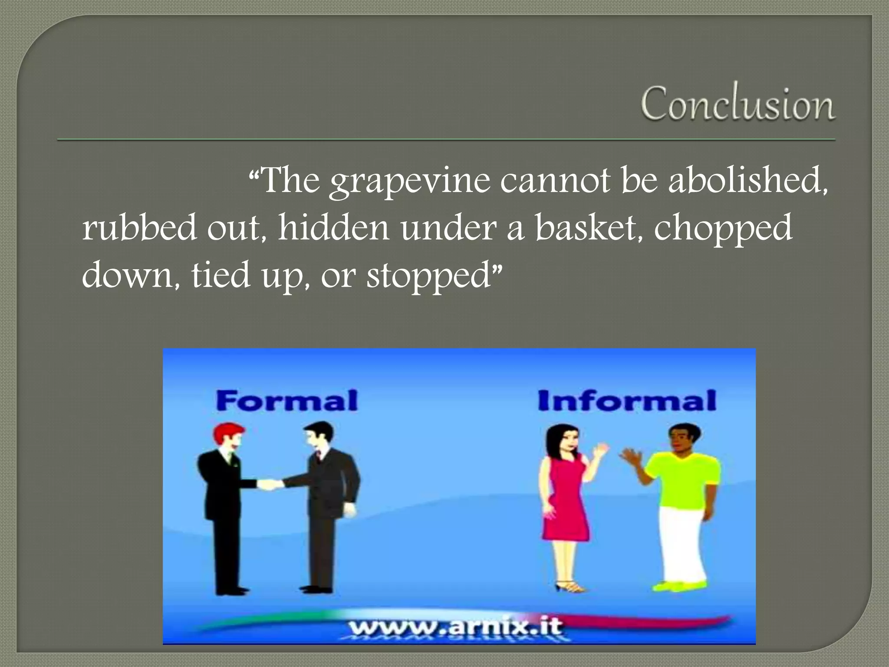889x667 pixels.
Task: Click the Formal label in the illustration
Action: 286,400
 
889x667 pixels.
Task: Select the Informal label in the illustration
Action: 626,400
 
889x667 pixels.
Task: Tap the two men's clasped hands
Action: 270,484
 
